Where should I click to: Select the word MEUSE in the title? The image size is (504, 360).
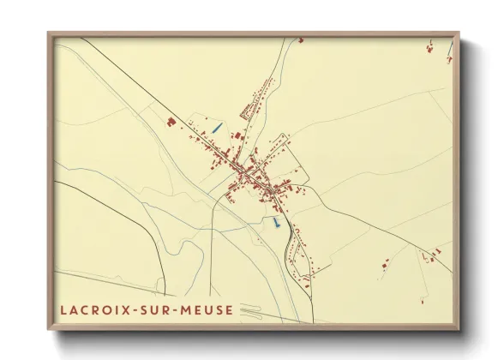tap(207, 309)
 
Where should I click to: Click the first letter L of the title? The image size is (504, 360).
tap(63, 309)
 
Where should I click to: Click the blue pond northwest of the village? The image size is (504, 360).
tap(218, 128)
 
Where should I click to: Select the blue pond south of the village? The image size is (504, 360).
tap(275, 222)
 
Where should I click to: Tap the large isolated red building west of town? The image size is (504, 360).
tap(171, 123)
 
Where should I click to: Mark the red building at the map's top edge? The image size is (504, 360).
tap(300, 39)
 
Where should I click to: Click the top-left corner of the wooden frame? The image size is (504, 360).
tap(50, 34)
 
